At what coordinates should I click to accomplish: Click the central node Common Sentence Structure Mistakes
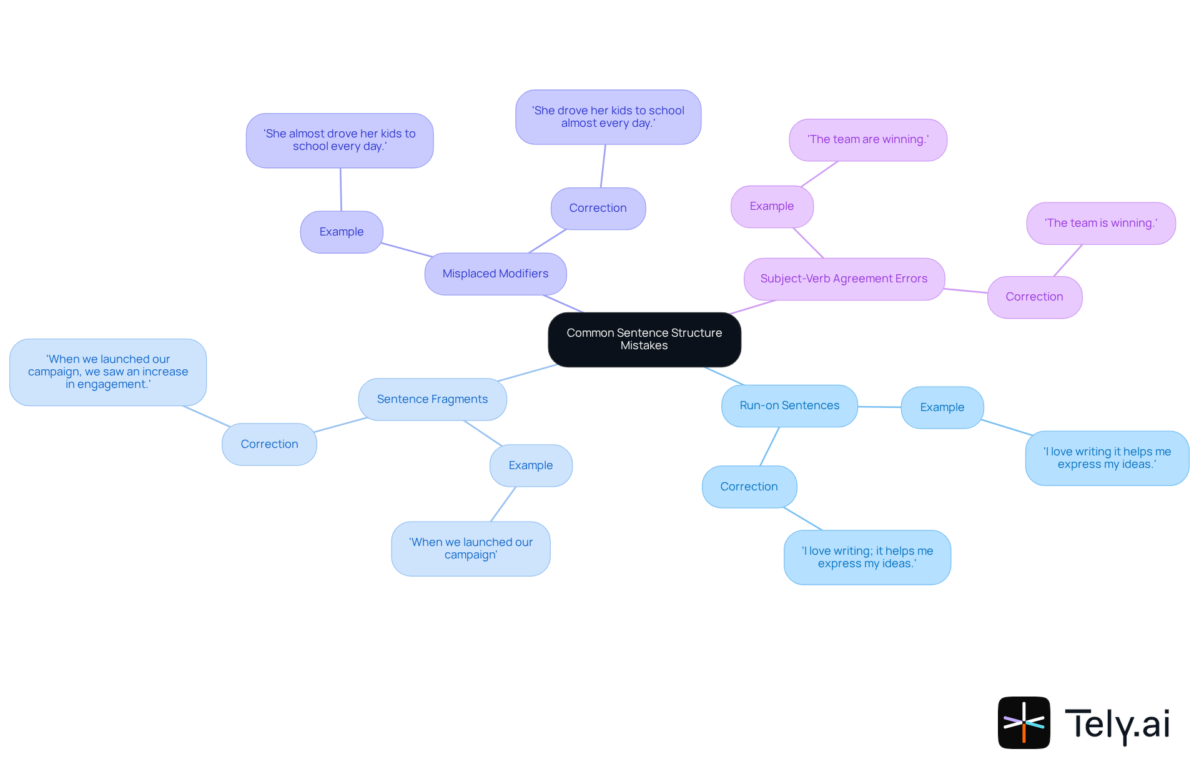(644, 339)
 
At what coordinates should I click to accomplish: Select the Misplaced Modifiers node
(495, 274)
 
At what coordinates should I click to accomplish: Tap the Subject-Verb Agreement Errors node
(844, 279)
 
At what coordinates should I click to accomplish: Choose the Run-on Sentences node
(789, 405)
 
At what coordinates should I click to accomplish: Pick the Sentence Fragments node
(432, 399)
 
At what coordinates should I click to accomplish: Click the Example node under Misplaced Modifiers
(341, 232)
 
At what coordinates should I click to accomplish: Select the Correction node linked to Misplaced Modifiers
(598, 208)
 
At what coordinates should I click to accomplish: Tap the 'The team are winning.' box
(867, 139)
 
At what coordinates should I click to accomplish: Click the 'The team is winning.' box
(1100, 223)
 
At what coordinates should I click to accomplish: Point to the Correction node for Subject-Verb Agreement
(1034, 297)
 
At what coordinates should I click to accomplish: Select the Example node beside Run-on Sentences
(942, 407)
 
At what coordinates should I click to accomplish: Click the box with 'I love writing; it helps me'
(867, 557)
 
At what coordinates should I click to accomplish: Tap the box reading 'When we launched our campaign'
(470, 548)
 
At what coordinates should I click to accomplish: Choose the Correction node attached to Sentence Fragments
(269, 444)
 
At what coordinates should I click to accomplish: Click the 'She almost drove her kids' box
(339, 140)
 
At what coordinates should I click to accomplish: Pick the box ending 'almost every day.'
(608, 117)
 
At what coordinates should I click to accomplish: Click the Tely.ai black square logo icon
(1024, 722)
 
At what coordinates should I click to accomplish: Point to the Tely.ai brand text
(1117, 724)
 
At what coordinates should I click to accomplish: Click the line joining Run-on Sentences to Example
(879, 407)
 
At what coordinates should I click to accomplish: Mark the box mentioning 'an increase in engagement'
(108, 372)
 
